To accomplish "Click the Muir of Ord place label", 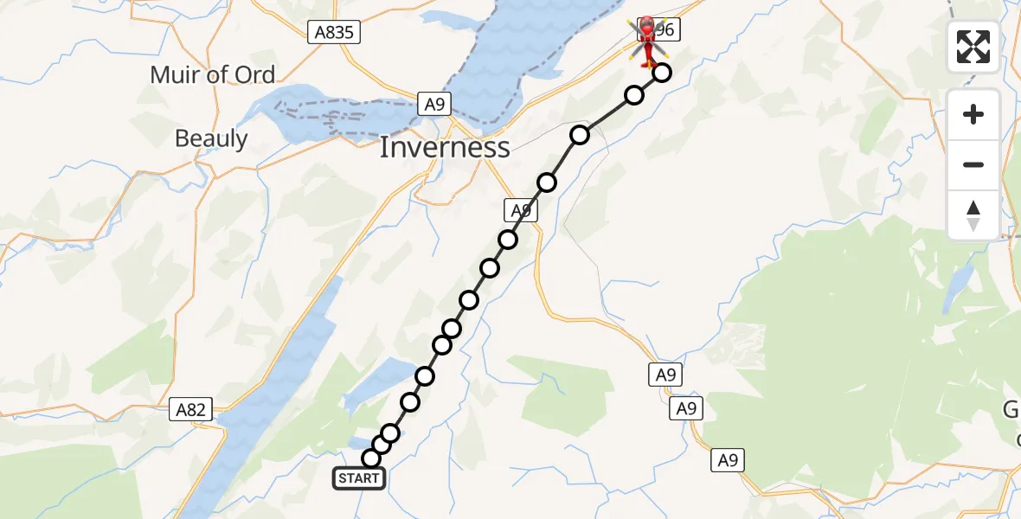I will click(x=212, y=74).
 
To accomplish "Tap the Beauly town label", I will click(x=211, y=138).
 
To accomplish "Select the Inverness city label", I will click(x=445, y=147).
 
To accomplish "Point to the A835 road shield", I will click(x=334, y=33).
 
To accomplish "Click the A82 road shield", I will click(x=190, y=410).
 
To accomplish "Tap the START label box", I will click(x=358, y=478).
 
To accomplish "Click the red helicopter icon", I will click(x=647, y=40).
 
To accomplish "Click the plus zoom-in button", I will click(x=973, y=114).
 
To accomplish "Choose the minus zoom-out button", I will click(x=973, y=164).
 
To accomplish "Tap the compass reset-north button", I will click(x=973, y=215).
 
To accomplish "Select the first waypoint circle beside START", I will click(x=371, y=458).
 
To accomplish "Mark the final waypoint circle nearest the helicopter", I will click(x=662, y=73).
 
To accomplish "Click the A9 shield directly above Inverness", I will click(x=434, y=105).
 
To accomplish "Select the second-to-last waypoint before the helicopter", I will click(x=634, y=95).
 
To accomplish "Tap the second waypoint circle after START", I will click(x=382, y=445).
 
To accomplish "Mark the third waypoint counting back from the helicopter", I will click(x=580, y=135).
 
